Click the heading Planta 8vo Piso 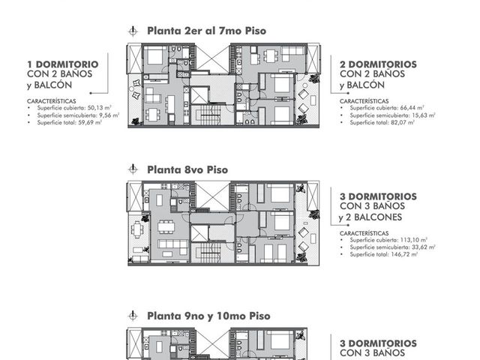pos(187,169)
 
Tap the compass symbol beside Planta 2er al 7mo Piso pos(133,31)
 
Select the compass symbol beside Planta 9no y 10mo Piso pos(133,316)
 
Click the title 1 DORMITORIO pos(63,64)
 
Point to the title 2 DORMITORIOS pos(378,64)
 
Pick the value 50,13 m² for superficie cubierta pos(99,108)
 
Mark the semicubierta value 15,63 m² pos(423,115)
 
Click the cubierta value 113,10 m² pos(413,240)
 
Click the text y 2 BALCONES pos(370,217)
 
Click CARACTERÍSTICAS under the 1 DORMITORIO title pos(52,101)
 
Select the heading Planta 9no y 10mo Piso pos(208,316)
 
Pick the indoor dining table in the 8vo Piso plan pos(166,226)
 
